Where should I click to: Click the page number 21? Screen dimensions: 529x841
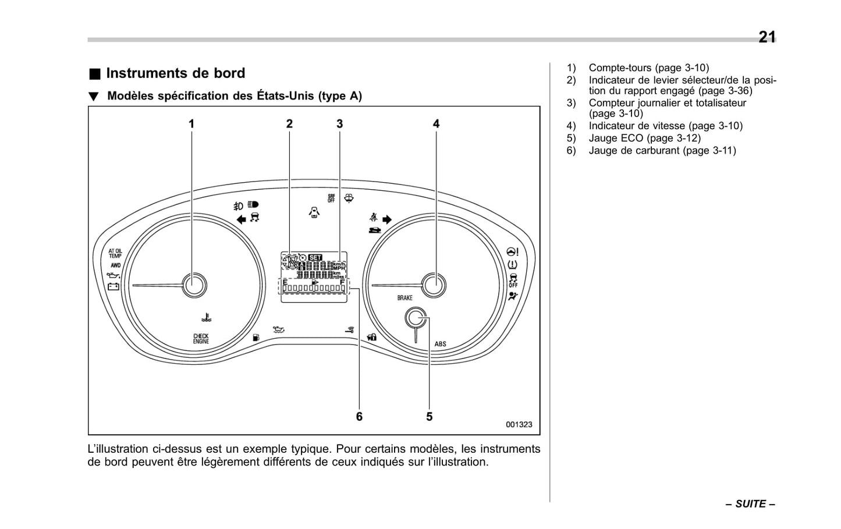pos(767,37)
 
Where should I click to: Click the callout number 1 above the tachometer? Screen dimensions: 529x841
pos(191,124)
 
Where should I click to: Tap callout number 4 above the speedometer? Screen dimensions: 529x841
pos(436,124)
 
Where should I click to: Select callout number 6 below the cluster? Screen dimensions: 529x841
pos(359,417)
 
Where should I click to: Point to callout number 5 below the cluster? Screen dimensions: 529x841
pos(429,417)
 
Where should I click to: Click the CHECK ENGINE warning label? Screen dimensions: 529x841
pos(201,339)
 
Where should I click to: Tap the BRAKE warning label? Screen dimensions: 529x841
pos(405,298)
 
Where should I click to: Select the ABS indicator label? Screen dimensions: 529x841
pos(440,344)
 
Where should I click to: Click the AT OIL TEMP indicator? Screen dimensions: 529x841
pos(115,253)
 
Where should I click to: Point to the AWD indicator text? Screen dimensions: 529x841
pos(115,265)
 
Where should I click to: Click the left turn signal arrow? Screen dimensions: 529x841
pos(241,219)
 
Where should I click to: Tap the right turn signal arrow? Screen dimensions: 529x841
pos(387,219)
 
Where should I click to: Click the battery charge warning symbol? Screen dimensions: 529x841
pos(113,286)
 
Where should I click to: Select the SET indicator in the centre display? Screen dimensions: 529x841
pos(315,257)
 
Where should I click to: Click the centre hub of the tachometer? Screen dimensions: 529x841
pos(194,285)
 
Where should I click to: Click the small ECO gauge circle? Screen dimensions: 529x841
pos(416,318)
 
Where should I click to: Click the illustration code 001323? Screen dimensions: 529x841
pos(518,425)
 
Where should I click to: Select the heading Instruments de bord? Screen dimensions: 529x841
pos(175,73)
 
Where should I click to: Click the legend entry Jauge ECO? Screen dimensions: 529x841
pos(644,139)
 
